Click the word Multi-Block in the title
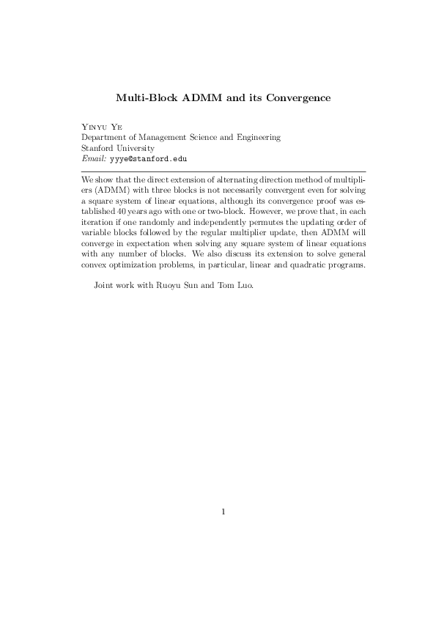145,97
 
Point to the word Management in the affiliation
160,137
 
